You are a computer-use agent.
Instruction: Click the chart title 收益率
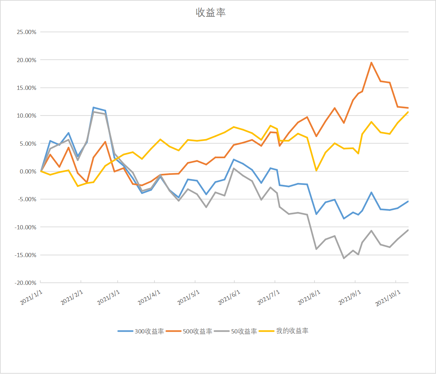coord(211,13)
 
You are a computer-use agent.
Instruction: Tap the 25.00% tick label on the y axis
coord(26,32)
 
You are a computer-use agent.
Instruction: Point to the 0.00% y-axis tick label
coord(27,171)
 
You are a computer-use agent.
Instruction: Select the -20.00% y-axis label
coord(25,283)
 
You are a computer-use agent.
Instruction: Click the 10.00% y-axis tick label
coord(26,116)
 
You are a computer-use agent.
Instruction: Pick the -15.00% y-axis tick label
coord(25,255)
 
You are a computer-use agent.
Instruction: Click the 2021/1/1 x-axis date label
coord(32,297)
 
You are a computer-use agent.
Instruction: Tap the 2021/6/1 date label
coord(229,297)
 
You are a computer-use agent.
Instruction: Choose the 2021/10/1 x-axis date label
coord(388,298)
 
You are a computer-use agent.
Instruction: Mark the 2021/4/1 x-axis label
coord(149,297)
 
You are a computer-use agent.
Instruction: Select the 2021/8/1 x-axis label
coord(309,297)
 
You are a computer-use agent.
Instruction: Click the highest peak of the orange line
coord(371,63)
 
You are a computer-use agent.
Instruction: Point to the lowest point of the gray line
coord(344,258)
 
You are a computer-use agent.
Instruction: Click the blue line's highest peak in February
coord(94,108)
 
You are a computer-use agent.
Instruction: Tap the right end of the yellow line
coord(408,112)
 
